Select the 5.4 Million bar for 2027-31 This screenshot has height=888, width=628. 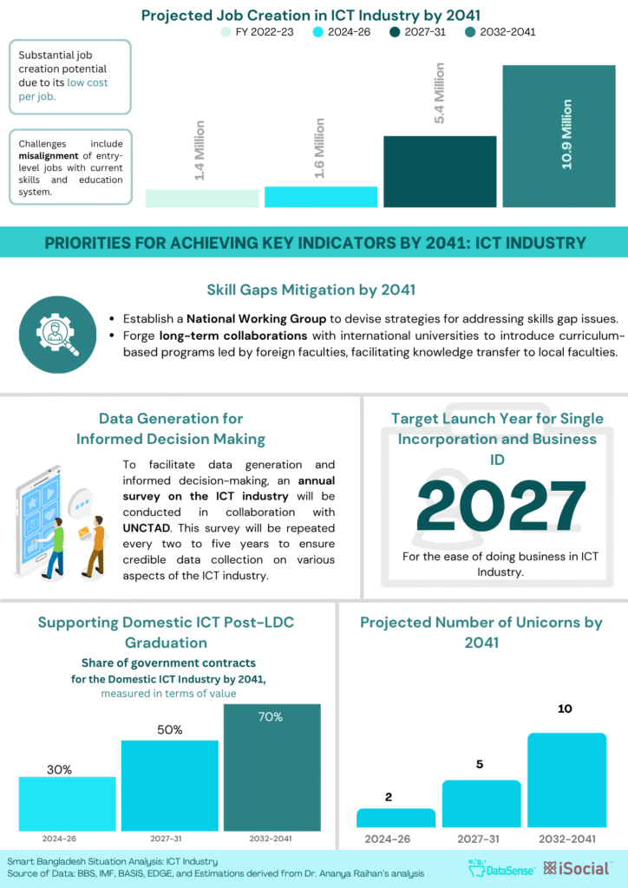pos(440,172)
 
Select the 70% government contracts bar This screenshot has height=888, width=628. pos(271,767)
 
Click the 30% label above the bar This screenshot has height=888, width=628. pos(59,768)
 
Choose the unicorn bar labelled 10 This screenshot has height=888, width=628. pos(566,780)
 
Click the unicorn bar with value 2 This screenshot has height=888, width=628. pos(396,818)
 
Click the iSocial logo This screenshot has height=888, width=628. pos(576,867)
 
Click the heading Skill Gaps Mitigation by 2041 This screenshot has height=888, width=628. pos(311,290)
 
